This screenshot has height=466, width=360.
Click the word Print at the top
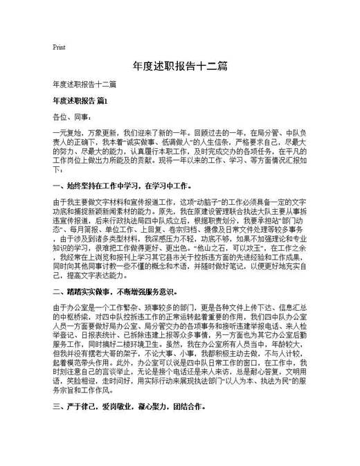pos(59,48)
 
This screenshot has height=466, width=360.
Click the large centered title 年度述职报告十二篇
pos(179,66)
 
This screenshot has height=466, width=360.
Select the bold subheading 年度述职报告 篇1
pos(80,101)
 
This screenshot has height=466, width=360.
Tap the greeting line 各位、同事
pos(68,116)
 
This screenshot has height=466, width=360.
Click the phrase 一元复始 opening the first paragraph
pos(65,130)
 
